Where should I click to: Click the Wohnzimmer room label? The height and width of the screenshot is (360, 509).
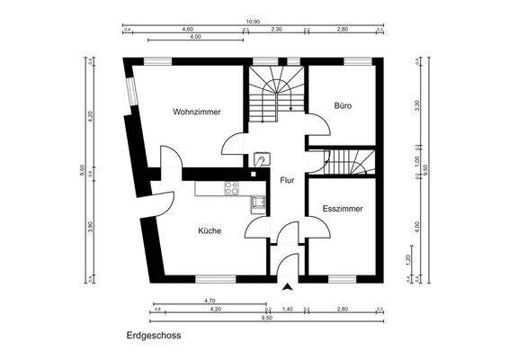click(x=197, y=112)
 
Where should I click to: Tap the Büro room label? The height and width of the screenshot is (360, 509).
click(x=343, y=105)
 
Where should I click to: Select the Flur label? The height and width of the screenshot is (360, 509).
click(x=287, y=180)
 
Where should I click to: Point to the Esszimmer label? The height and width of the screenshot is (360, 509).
click(x=343, y=209)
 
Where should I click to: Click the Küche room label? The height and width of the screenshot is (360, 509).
click(x=210, y=230)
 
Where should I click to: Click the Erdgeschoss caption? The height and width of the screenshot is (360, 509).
click(x=154, y=336)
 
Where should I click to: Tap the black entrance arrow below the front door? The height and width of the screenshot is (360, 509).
click(x=288, y=287)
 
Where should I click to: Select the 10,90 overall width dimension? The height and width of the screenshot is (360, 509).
click(x=254, y=22)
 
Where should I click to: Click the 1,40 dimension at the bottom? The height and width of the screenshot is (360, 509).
click(x=288, y=309)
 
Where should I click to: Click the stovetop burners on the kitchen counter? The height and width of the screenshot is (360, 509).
click(x=231, y=188)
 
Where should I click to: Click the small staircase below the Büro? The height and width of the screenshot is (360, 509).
click(x=345, y=162)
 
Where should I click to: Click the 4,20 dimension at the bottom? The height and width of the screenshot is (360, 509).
click(x=214, y=309)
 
